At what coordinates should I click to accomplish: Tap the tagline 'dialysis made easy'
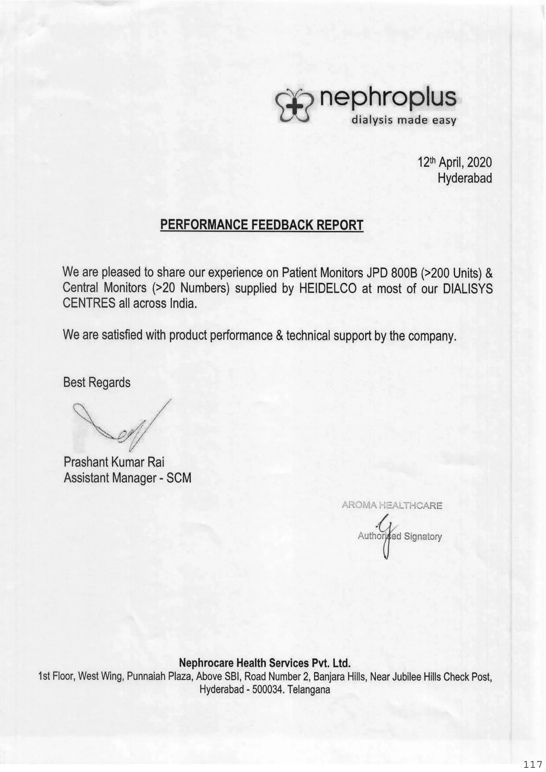(403, 120)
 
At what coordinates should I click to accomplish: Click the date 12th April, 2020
(455, 163)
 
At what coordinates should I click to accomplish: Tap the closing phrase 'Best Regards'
(96, 382)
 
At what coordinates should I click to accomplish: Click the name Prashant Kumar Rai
(114, 462)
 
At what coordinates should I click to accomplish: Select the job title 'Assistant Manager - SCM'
(127, 478)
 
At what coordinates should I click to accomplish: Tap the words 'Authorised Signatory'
(400, 536)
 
